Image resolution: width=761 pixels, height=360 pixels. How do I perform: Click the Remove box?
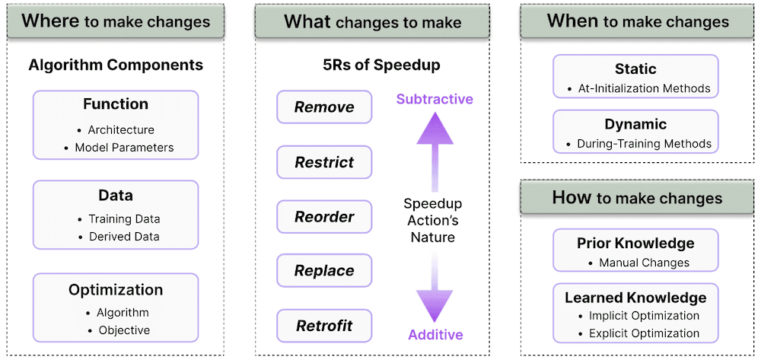[x=324, y=107]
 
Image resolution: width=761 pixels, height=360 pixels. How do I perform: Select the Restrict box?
[x=324, y=162]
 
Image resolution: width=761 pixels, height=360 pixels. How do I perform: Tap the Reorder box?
[x=324, y=216]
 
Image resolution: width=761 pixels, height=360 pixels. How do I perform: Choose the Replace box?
[x=324, y=271]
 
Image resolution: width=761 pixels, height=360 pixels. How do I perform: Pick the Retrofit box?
[x=324, y=326]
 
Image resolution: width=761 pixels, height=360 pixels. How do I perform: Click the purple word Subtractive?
[x=435, y=100]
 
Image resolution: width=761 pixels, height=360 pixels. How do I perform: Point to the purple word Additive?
[x=435, y=334]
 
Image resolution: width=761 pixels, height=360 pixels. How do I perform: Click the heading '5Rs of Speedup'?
[x=381, y=65]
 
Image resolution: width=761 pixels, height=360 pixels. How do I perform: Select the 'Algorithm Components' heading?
[x=116, y=65]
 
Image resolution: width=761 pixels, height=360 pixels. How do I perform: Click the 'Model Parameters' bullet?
[x=124, y=148]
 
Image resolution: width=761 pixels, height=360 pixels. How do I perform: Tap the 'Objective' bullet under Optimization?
[x=124, y=330]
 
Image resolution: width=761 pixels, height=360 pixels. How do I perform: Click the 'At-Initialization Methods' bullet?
[x=643, y=88]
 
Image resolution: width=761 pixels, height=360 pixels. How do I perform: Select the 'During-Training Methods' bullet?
[x=644, y=143]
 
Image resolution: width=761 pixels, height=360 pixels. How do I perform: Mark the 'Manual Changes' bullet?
[x=644, y=263]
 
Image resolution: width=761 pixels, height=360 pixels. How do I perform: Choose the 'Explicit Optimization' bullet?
[x=644, y=333]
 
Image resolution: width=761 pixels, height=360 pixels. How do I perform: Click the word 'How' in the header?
[x=572, y=198]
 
